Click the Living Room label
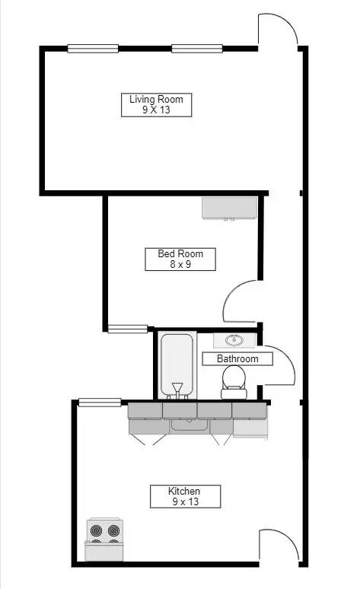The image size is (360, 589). point(156,100)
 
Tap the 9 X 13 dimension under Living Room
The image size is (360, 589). point(156,110)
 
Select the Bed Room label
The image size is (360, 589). point(180,254)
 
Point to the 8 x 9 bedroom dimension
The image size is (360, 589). point(180,265)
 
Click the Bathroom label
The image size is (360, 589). point(237,358)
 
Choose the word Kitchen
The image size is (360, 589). point(184,491)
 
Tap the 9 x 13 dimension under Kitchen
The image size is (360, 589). point(184,501)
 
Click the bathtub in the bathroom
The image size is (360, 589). point(178,365)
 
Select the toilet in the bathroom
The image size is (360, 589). point(233,380)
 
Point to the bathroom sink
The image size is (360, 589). point(233,340)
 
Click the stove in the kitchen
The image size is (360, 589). point(105,540)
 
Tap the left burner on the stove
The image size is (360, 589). point(97,530)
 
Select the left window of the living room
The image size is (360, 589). point(93,49)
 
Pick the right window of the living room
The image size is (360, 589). point(196,49)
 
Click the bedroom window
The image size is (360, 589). point(127,329)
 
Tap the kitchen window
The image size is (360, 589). point(100,402)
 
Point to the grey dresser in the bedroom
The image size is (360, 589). point(229,208)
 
